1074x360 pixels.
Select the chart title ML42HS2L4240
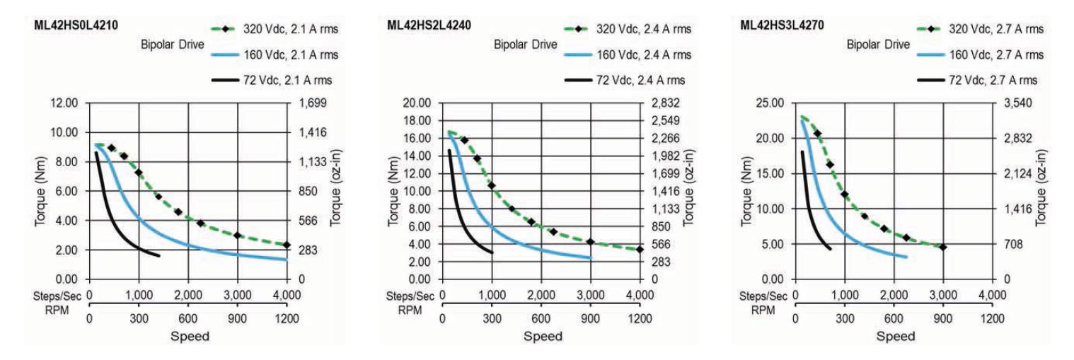(x=428, y=25)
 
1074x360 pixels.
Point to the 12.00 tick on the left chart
(x=65, y=103)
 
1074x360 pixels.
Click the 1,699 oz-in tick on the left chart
(x=310, y=103)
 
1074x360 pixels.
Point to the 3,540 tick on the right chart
(x=1016, y=103)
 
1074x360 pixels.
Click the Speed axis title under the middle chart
(x=543, y=336)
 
